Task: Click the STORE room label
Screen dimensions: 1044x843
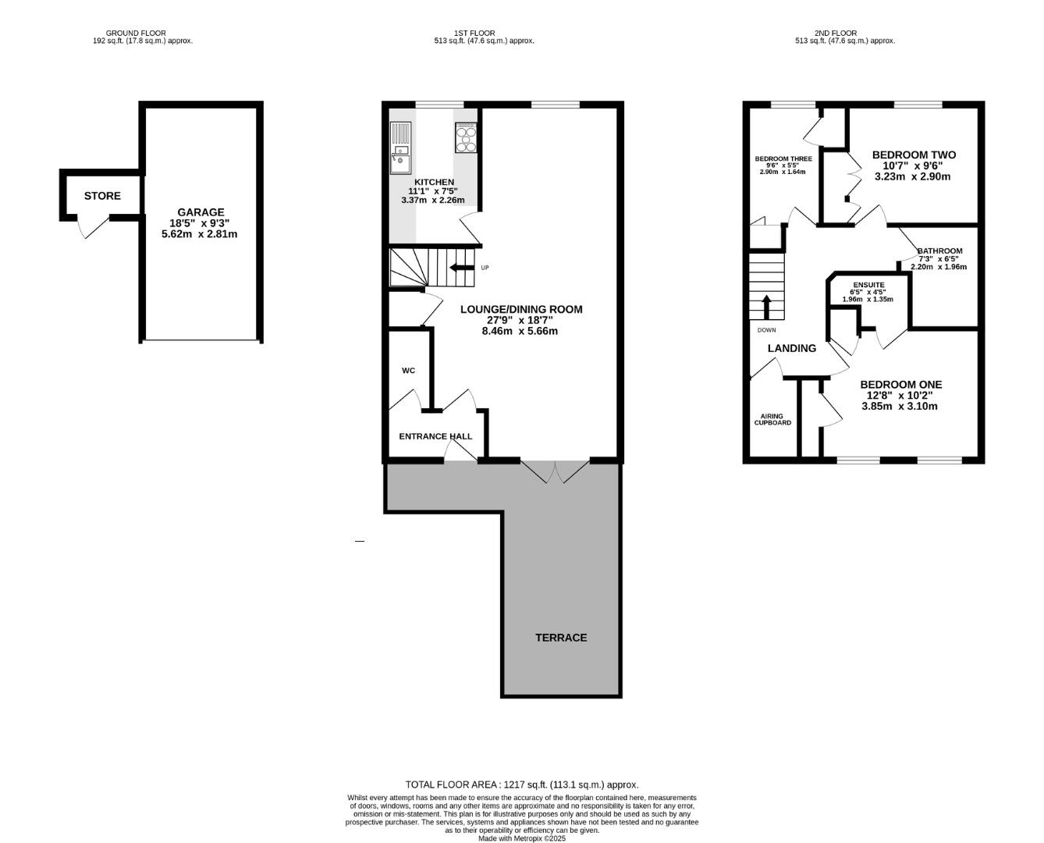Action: coord(102,196)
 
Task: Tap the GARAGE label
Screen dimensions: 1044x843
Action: coord(201,212)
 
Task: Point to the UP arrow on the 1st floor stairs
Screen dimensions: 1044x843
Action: coord(460,267)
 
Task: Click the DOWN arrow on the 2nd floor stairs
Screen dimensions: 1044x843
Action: coord(766,307)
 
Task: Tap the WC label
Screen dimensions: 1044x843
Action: coord(408,370)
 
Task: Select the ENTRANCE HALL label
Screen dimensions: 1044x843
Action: coord(435,436)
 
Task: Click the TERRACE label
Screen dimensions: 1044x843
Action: coord(561,638)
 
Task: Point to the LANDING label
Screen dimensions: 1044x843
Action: coord(791,348)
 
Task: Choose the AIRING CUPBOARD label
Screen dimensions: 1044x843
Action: coord(772,419)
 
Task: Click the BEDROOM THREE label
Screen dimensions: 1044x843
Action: coord(783,159)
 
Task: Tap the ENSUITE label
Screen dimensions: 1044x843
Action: coord(868,285)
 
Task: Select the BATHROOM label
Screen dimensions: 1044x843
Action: coord(939,251)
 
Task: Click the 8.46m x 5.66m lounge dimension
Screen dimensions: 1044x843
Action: coord(520,331)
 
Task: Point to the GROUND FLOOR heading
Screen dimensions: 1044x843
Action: coord(136,34)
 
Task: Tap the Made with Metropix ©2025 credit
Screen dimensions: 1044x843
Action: coord(522,838)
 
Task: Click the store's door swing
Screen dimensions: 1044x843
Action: coord(93,226)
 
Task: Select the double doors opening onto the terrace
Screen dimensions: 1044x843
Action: coord(555,471)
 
